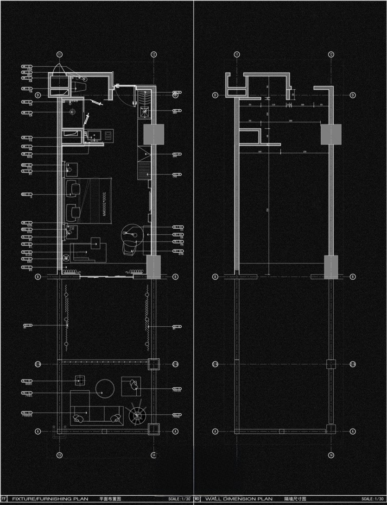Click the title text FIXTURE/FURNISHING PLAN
click(x=52, y=499)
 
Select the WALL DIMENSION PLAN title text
click(x=239, y=499)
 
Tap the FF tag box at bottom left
click(x=4, y=499)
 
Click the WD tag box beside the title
click(x=197, y=499)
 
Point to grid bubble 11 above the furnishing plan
click(x=59, y=54)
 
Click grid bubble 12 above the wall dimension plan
click(x=331, y=54)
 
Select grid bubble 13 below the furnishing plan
click(x=59, y=455)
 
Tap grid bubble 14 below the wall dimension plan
click(x=331, y=455)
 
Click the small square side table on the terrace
click(x=80, y=381)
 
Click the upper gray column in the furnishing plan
click(x=153, y=134)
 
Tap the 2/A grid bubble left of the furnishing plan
click(x=38, y=364)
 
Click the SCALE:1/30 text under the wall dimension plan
click(x=373, y=499)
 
